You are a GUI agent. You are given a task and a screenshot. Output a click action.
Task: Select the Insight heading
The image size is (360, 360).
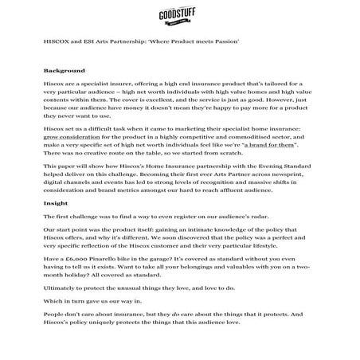point(56,203)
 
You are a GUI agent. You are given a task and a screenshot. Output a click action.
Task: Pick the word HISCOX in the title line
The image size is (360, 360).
point(57,40)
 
